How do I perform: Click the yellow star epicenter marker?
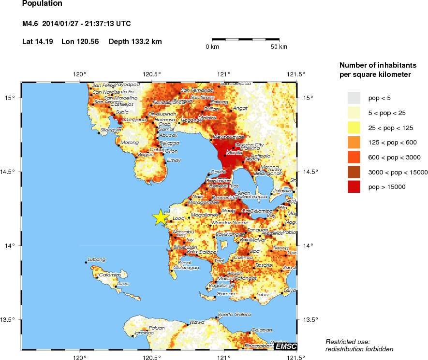(x=160, y=217)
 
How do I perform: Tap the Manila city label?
(x=235, y=153)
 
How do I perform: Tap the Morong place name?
(x=129, y=143)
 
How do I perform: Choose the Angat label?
(x=240, y=108)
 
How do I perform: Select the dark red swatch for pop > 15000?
(x=354, y=187)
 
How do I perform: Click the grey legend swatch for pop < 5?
(x=354, y=98)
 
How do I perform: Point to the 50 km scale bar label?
(x=279, y=47)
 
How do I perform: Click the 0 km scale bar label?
(x=213, y=47)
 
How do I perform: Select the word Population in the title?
(x=42, y=4)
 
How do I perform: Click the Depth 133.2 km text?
(x=135, y=42)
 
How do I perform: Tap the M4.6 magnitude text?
(x=31, y=24)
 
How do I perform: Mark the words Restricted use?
(x=347, y=342)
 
